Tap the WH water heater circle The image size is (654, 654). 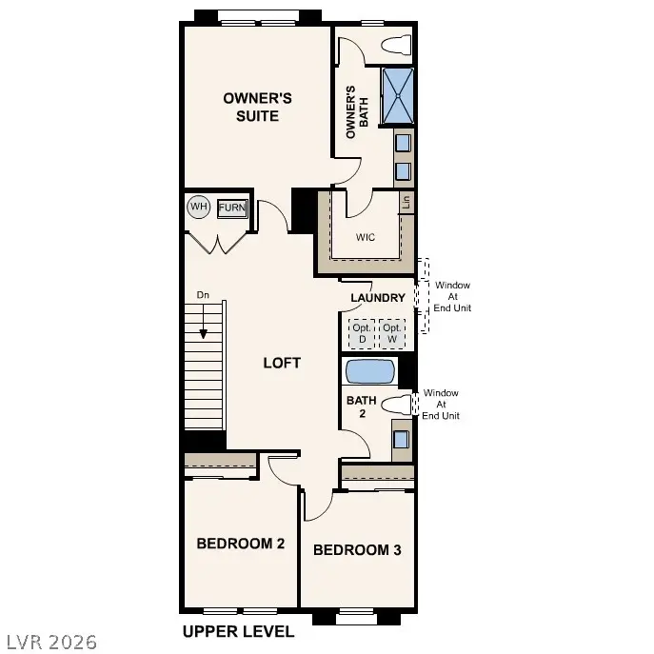[x=198, y=207]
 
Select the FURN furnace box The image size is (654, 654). [x=231, y=208]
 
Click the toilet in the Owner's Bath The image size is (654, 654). [x=396, y=45]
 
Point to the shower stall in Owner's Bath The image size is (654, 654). [x=398, y=96]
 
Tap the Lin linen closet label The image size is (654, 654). [x=406, y=201]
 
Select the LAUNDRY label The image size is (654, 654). [x=378, y=298]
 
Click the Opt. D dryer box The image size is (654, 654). [x=362, y=333]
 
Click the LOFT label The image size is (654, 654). [x=282, y=363]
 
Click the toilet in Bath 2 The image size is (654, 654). [x=396, y=405]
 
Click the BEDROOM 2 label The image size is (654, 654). [x=241, y=544]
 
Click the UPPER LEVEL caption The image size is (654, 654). [x=238, y=631]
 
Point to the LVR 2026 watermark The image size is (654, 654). [x=50, y=642]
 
